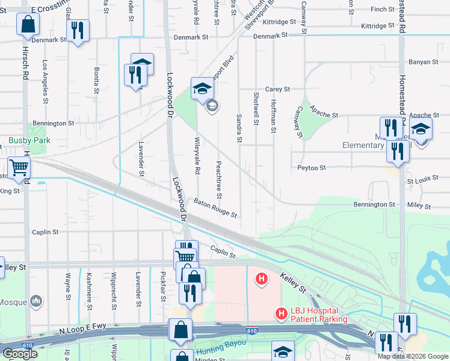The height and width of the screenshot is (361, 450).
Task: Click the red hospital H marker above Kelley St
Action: point(262,279)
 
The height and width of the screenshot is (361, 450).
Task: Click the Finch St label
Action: point(383,10)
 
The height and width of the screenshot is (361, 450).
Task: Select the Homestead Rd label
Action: point(401,18)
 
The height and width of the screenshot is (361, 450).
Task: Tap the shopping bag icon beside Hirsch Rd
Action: point(28,25)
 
